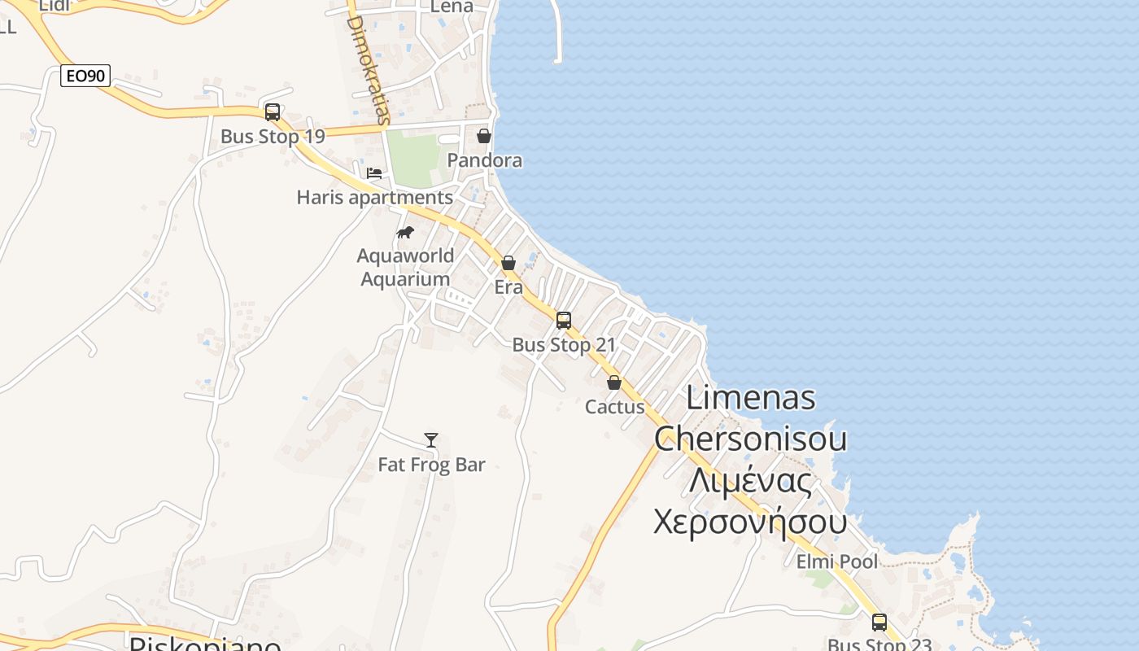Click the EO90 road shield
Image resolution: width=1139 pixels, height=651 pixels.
tap(85, 76)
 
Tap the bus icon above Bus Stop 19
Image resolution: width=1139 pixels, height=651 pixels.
tap(273, 112)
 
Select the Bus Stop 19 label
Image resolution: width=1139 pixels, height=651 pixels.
tap(273, 137)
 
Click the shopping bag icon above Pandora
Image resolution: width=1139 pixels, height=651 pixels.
tap(484, 136)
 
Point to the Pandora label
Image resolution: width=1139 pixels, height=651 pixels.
tap(485, 160)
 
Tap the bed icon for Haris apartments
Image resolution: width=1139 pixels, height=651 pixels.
tap(374, 173)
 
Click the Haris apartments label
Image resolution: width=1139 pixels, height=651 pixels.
tap(374, 198)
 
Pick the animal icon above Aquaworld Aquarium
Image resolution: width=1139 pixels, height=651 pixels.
tap(405, 233)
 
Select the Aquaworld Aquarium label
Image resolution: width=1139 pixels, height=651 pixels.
tap(405, 267)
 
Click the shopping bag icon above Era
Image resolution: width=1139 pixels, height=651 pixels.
tap(508, 263)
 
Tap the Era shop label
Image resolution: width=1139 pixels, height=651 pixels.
tap(508, 287)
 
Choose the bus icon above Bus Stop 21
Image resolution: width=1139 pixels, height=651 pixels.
tap(564, 321)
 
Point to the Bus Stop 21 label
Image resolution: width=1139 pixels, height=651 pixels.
tap(564, 345)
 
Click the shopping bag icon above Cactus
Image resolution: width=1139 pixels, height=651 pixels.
tap(614, 382)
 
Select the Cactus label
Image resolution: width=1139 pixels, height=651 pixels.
tap(615, 407)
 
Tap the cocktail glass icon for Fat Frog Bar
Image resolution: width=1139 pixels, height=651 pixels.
tap(431, 440)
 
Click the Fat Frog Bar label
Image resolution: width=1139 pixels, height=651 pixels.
tap(431, 465)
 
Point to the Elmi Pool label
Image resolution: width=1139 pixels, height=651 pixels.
tap(837, 562)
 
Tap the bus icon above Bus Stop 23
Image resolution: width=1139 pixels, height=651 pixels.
tap(879, 623)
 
